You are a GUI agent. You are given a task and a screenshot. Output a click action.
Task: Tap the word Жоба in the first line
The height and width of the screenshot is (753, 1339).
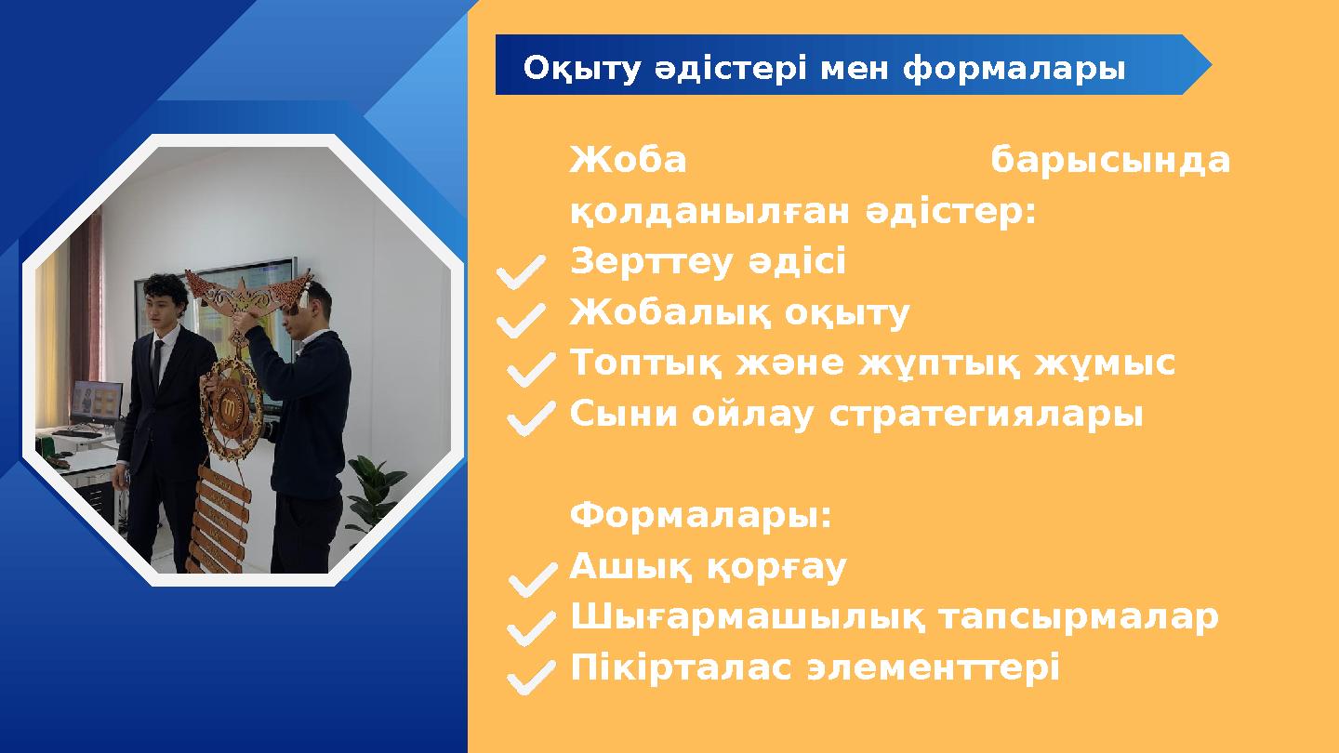coord(628,161)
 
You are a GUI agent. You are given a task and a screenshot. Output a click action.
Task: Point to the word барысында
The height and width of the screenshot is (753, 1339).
coord(1110,161)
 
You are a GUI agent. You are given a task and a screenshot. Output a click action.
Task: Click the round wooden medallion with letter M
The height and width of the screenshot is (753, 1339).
coord(231,405)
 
